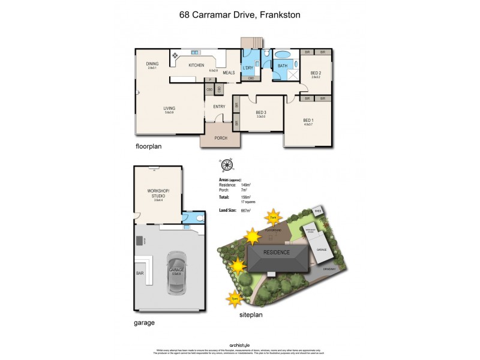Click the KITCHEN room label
[196, 65]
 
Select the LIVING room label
[169, 108]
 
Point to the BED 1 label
[308, 120]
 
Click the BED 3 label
[261, 112]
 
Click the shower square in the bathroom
[293, 75]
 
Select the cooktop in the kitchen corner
[176, 56]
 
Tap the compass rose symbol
[226, 165]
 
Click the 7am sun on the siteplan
[273, 217]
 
